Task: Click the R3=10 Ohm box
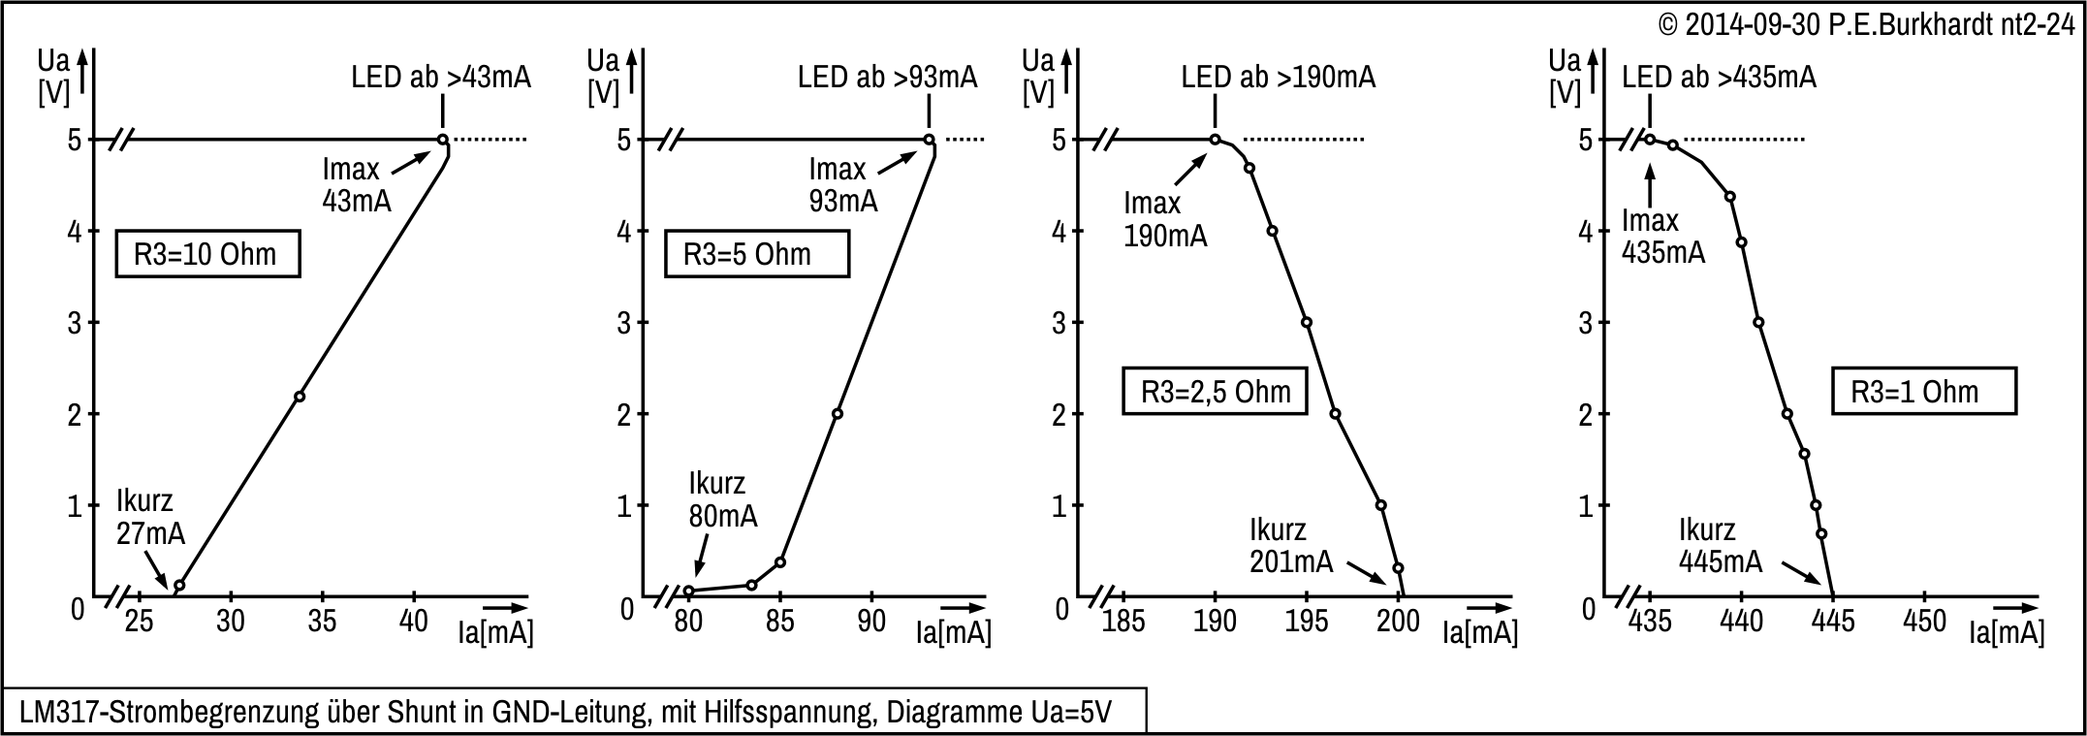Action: tap(206, 254)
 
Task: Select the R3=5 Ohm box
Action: tap(756, 254)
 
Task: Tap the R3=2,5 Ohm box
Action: tap(1215, 392)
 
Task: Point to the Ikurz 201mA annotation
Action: tap(1290, 546)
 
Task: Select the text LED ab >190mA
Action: tap(1278, 78)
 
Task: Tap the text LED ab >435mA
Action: tap(1719, 78)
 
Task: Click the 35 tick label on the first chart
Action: tap(322, 621)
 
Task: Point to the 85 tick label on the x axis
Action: tap(779, 621)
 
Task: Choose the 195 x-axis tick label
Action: tap(1307, 621)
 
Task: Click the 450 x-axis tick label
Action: tap(1925, 621)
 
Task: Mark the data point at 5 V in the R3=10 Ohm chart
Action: tap(443, 140)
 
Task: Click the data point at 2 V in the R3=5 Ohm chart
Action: tap(838, 414)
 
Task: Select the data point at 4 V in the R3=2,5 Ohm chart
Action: tap(1272, 231)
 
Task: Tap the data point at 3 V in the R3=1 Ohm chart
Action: tap(1758, 322)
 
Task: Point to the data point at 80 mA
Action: tap(689, 591)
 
